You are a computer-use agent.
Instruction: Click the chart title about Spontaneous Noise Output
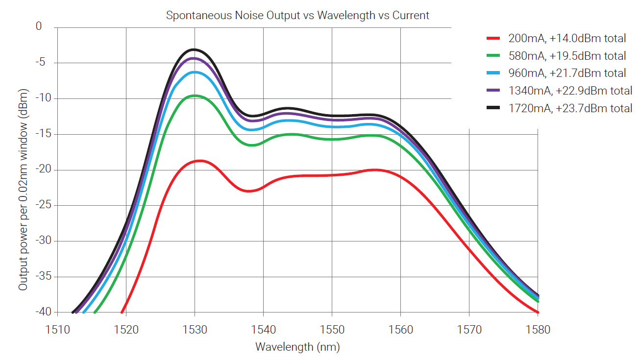[297, 15]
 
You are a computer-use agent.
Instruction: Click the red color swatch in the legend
[492, 38]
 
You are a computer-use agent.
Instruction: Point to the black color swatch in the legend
[492, 108]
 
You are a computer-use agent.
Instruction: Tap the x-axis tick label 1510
[58, 329]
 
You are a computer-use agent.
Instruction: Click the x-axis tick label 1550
[332, 329]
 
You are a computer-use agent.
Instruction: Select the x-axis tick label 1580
[538, 329]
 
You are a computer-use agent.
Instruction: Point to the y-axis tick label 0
[39, 27]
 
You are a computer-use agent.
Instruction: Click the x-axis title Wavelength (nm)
[297, 347]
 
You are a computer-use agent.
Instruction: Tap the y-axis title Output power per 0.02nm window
[23, 190]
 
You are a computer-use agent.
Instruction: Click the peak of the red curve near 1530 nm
[199, 161]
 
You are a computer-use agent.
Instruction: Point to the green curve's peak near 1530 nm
[195, 96]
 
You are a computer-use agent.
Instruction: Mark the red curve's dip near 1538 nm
[249, 191]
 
